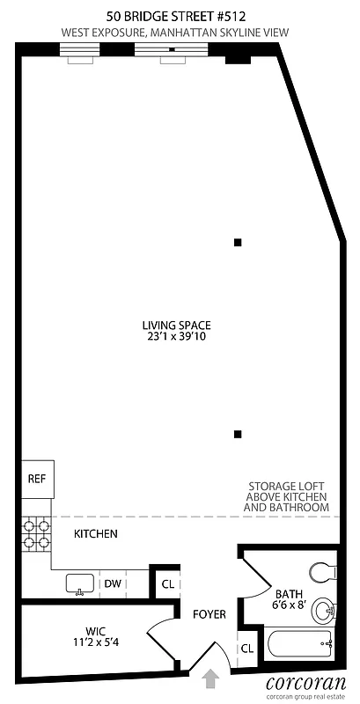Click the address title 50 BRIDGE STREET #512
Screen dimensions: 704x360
(174, 15)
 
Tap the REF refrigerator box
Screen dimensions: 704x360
(36, 480)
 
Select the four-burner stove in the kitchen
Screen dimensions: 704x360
(35, 534)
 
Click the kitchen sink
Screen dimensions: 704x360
(81, 583)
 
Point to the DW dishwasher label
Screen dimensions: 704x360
(113, 583)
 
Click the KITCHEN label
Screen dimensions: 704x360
(95, 534)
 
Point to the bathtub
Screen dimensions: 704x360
(300, 644)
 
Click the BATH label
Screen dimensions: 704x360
(289, 593)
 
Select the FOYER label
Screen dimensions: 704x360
(208, 614)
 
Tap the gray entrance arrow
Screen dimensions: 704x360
(211, 678)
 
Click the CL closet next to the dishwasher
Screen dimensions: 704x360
(166, 583)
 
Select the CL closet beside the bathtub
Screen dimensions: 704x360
(248, 648)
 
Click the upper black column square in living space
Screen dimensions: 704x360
(237, 242)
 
